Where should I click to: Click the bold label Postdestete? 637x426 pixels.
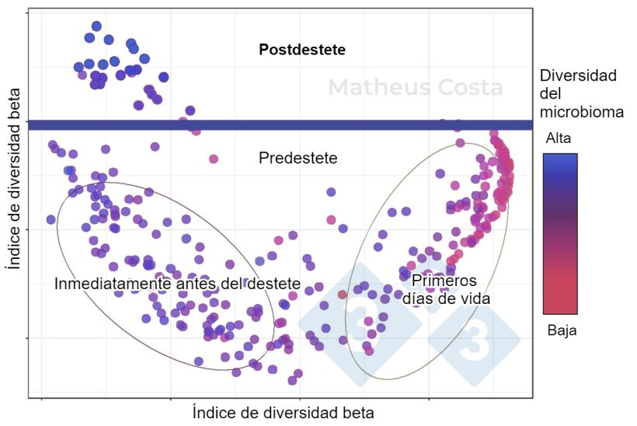tap(301, 50)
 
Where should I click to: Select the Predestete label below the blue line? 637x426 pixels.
tap(298, 158)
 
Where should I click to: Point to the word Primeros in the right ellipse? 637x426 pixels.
tap(444, 281)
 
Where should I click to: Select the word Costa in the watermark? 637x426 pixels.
tap(463, 87)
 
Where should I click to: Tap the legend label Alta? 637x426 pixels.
tap(559, 138)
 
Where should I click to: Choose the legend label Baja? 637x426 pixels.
tap(562, 330)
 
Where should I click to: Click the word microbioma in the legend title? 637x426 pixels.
tap(582, 112)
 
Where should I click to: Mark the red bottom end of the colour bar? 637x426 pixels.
tap(560, 309)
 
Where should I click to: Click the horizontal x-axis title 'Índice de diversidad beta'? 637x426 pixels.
tap(284, 412)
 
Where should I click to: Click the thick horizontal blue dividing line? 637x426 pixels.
tap(280, 124)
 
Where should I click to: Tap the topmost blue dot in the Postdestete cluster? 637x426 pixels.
tap(96, 26)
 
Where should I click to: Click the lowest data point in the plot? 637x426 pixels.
tap(292, 380)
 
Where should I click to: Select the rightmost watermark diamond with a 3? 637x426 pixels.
tap(474, 340)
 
